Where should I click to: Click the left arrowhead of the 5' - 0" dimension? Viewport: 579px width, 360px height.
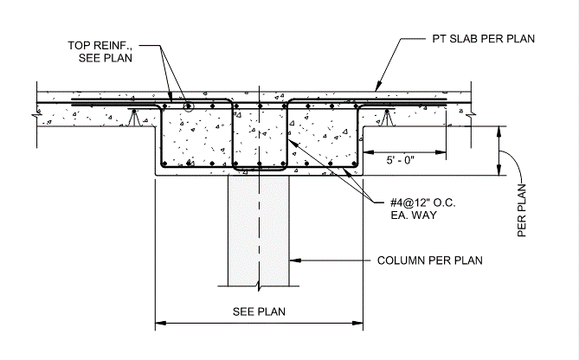point(365,153)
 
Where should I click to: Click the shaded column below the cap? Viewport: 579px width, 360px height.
point(256,229)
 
